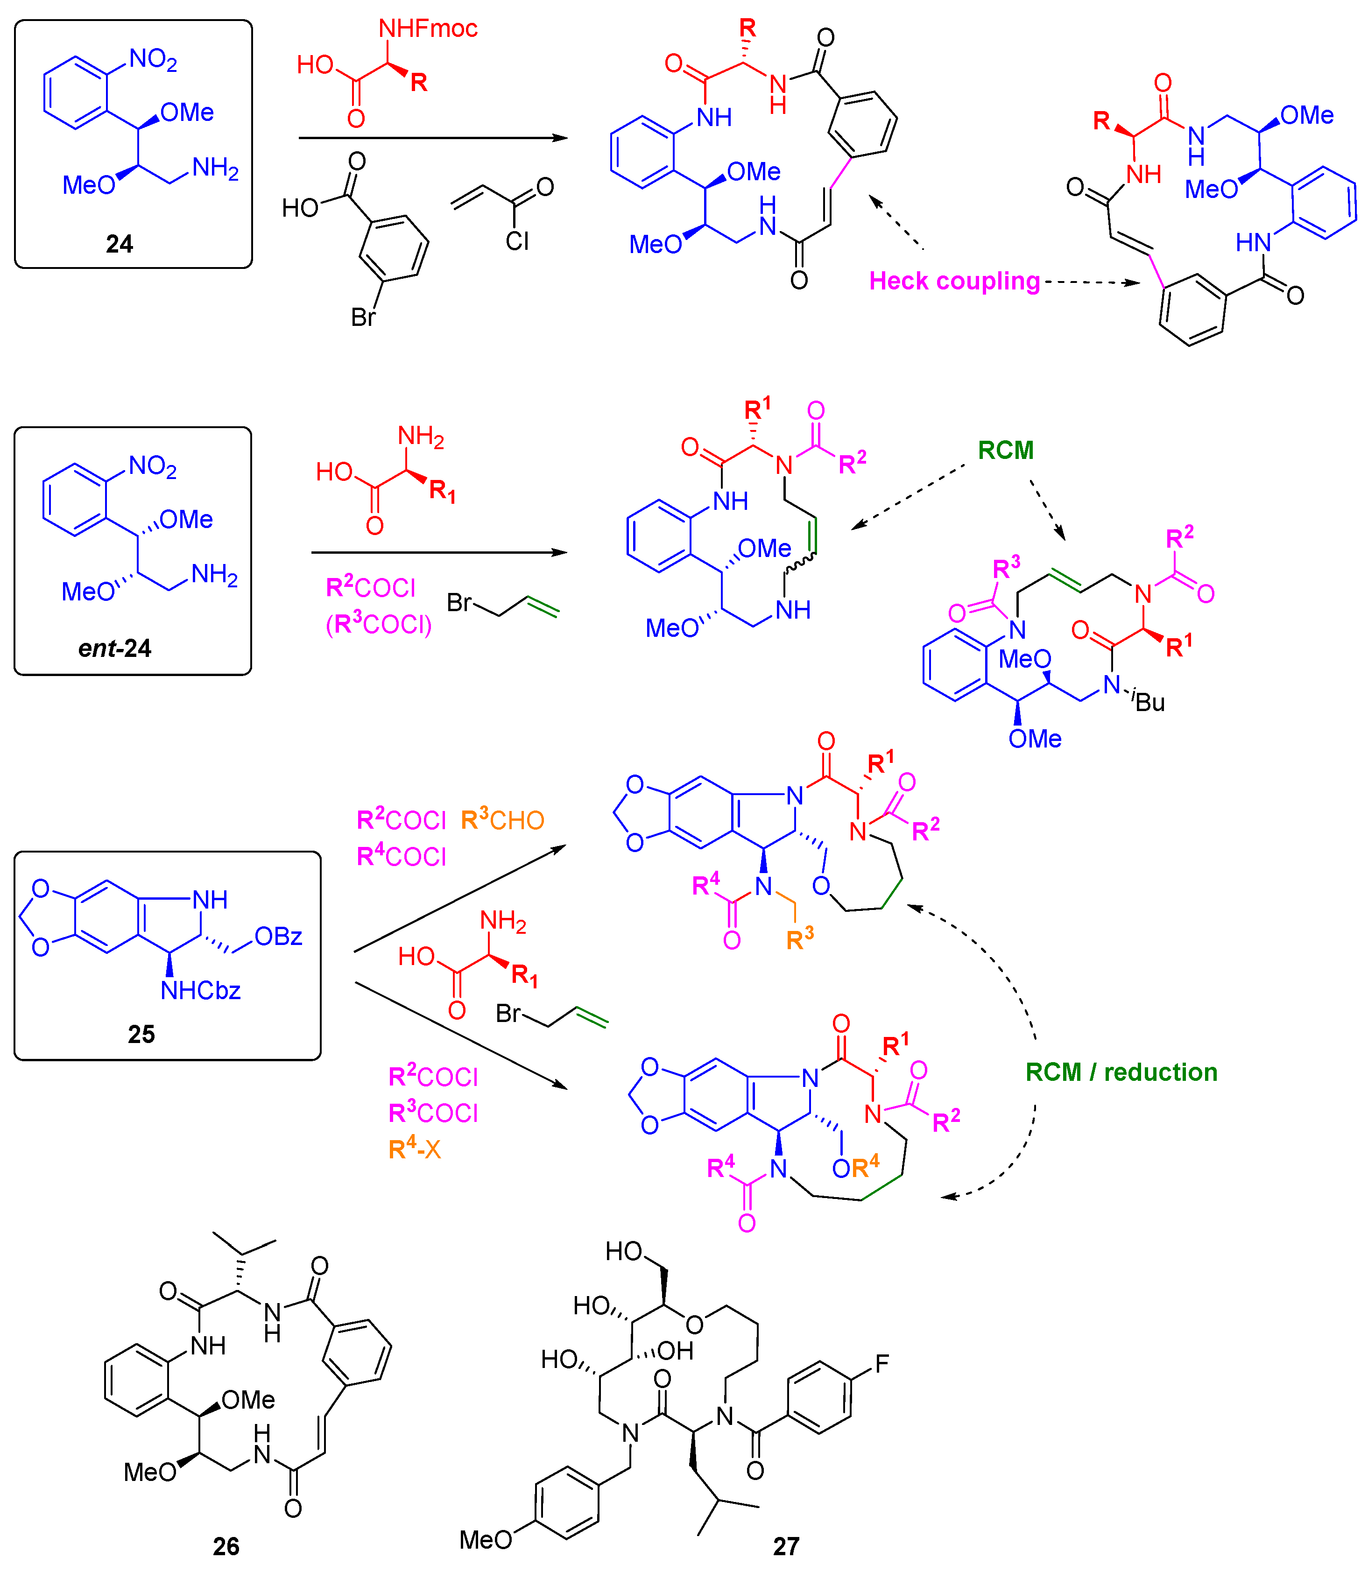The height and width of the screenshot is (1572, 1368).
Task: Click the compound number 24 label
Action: pos(119,244)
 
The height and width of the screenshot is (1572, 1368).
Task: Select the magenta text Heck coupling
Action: pos(954,281)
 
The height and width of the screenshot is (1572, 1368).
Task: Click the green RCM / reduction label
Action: pos(1121,1072)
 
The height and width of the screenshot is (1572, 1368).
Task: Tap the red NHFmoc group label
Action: pos(428,29)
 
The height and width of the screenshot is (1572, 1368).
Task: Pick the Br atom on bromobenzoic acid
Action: pos(363,317)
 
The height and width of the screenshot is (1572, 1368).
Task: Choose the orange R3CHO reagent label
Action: pos(502,819)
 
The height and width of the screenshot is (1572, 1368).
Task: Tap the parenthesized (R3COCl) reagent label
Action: pos(379,625)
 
